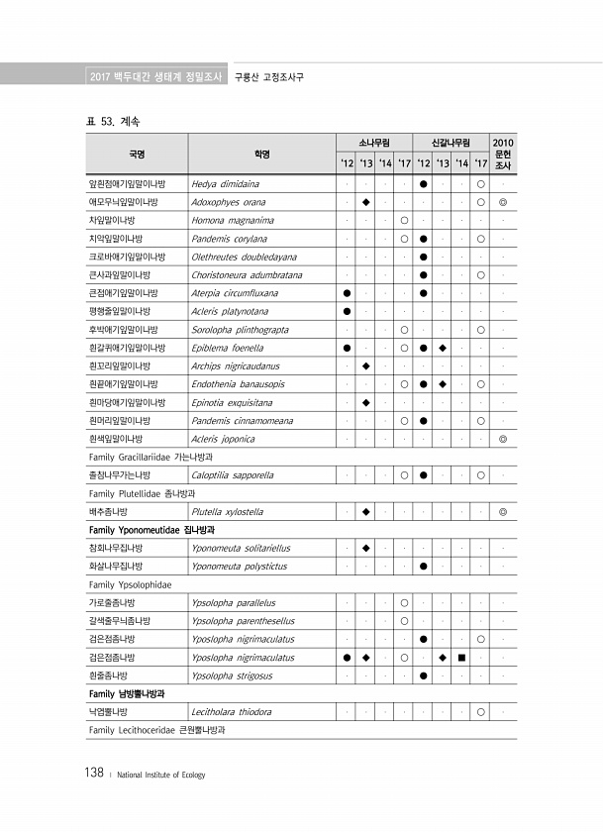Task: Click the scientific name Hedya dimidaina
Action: [x=226, y=183]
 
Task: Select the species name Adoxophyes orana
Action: [x=229, y=202]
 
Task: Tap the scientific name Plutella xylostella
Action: [x=228, y=512]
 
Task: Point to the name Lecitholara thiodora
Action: [x=233, y=712]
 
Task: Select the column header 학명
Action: [x=261, y=154]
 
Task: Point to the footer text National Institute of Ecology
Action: [x=160, y=776]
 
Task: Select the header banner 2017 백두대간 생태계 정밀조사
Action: [x=153, y=76]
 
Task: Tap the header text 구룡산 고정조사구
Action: [x=268, y=76]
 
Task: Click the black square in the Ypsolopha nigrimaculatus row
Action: [x=461, y=658]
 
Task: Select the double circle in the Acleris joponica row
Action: [x=503, y=438]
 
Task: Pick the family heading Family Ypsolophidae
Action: [x=130, y=584]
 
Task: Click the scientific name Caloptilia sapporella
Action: [x=233, y=475]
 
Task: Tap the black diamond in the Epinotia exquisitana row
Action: [x=365, y=402]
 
